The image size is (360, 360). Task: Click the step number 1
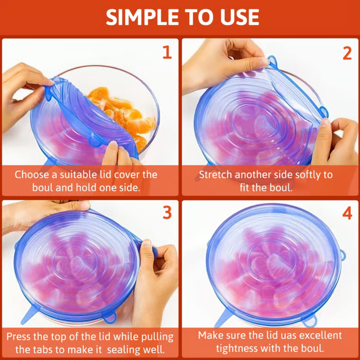(x=167, y=52)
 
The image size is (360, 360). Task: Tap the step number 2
(x=347, y=52)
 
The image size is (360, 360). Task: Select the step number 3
(x=167, y=213)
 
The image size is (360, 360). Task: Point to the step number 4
(x=347, y=213)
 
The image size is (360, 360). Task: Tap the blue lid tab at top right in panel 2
(x=273, y=61)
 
